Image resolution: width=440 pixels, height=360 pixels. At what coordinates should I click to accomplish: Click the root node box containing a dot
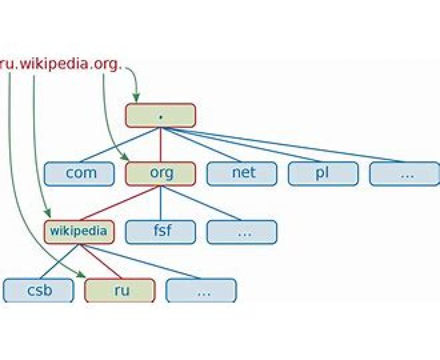coord(160,116)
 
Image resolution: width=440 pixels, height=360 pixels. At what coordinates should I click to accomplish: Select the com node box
coord(79,174)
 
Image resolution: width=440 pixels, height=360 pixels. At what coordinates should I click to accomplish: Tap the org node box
coord(160,174)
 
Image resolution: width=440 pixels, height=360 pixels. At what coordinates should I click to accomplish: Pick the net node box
coord(242,174)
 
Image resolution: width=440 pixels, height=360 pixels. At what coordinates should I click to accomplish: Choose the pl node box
coord(323,174)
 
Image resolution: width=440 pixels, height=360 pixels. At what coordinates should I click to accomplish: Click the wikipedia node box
coord(79,232)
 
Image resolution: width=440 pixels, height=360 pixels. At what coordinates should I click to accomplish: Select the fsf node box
coord(160,232)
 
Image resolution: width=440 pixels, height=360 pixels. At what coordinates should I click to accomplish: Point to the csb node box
coord(38,290)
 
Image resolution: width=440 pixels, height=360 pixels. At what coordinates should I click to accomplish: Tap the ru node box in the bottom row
coord(120,290)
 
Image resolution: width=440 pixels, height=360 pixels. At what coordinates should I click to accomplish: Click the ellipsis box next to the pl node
coord(404,174)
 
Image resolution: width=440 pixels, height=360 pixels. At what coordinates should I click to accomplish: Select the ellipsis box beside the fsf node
coord(242,232)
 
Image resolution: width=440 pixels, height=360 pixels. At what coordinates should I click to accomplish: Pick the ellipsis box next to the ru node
coord(201,290)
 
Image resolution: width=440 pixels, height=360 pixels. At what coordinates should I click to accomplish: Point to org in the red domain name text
coord(105,64)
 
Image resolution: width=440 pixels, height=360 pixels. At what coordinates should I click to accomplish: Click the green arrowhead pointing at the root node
coord(136,97)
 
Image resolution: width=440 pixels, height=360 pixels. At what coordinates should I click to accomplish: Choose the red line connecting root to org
coord(160,145)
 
